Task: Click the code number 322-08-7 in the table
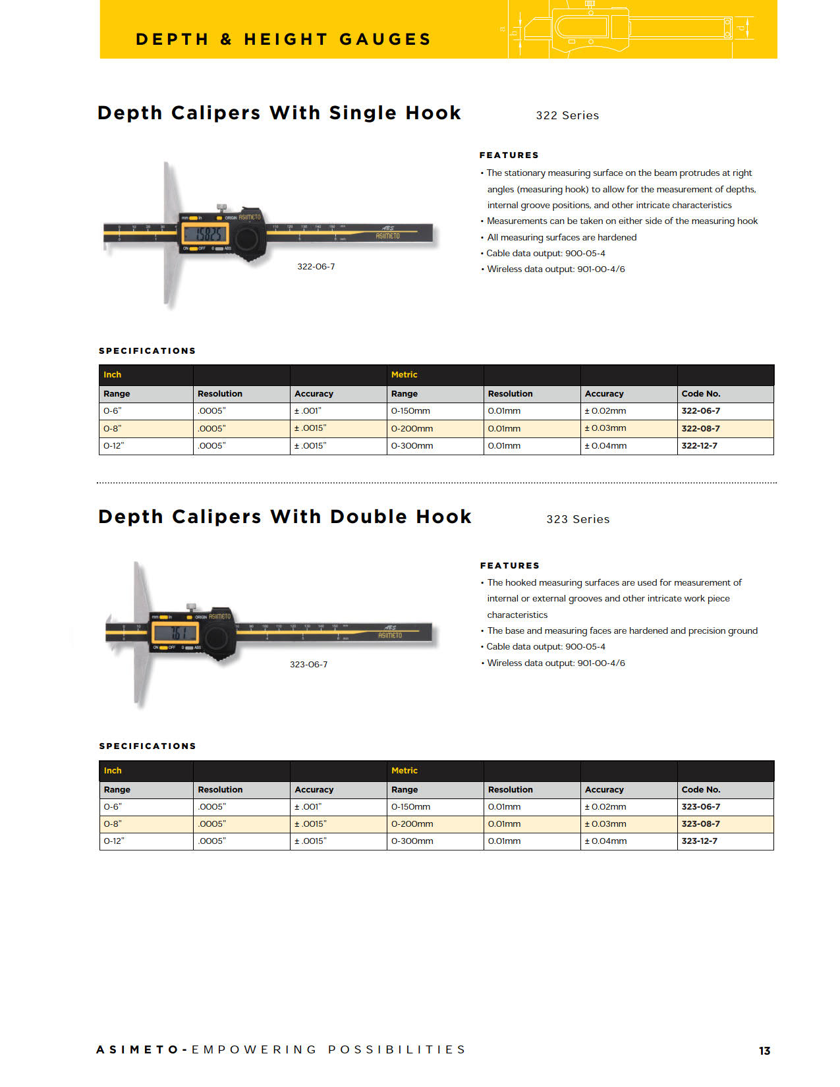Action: [x=700, y=428]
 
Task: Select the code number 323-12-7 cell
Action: [x=699, y=841]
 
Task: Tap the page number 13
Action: [x=764, y=1051]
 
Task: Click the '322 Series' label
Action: [x=567, y=115]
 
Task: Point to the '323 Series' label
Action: [x=578, y=519]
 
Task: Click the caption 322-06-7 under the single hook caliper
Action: [x=316, y=267]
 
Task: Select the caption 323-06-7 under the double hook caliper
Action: [x=308, y=665]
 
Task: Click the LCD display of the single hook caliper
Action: [x=204, y=234]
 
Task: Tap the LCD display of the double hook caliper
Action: [x=175, y=633]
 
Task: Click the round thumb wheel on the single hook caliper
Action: [x=248, y=238]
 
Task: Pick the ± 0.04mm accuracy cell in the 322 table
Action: [x=605, y=446]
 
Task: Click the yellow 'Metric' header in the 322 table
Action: [x=404, y=375]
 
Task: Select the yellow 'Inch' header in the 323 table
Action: [x=113, y=771]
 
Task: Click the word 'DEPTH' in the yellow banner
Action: [x=172, y=40]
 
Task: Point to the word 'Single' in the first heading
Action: [x=362, y=113]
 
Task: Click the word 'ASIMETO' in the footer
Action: [x=137, y=1049]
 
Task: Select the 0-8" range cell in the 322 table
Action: [x=113, y=428]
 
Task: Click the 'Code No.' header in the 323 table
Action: [x=701, y=790]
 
